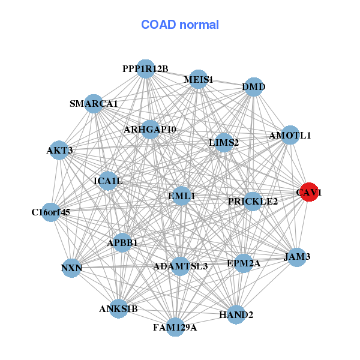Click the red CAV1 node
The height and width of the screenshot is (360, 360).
[308, 192]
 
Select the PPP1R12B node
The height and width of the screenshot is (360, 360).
[145, 69]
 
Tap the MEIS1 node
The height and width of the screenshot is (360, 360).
[198, 80]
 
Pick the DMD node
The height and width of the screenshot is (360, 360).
[254, 87]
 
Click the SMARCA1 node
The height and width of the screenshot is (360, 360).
[94, 104]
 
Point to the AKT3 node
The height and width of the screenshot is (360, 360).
[59, 150]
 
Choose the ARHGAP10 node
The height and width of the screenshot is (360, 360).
[150, 130]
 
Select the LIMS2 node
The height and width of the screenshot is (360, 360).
[224, 142]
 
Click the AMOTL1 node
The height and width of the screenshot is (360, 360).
[290, 135]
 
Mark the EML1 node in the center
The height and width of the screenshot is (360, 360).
[181, 196]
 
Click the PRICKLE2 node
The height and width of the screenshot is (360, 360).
[253, 201]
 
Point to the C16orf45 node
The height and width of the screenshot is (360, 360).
[51, 212]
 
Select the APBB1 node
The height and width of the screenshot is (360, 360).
[122, 242]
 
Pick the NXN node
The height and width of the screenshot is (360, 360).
[71, 268]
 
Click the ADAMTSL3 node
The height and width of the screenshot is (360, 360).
[180, 266]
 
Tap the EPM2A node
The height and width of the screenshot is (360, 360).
[243, 263]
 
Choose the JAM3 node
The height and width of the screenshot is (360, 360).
[297, 257]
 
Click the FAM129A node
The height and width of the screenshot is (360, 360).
[175, 327]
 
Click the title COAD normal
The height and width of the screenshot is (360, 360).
[180, 25]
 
